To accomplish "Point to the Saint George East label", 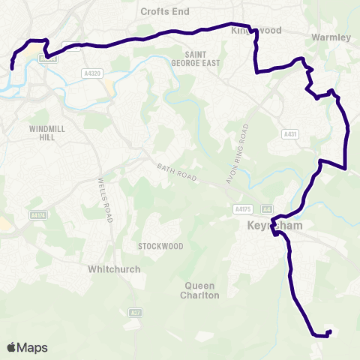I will (198, 59).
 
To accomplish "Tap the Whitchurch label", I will (115, 268).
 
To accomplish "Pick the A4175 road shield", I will (241, 209).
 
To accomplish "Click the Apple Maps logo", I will (27, 347).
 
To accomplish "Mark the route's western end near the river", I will (12, 68).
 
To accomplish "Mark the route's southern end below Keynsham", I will (328, 333).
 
